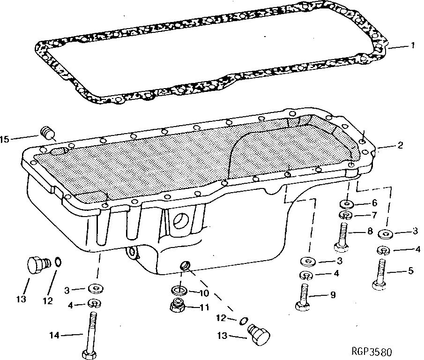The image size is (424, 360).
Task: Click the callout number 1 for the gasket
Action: point(412,46)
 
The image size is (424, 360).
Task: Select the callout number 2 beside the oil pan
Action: point(400,146)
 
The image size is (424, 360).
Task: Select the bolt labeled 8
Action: point(342,237)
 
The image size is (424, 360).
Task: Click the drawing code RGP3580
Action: point(373,352)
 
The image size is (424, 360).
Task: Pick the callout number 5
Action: point(411,270)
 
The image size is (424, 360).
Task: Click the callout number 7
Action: point(373,216)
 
